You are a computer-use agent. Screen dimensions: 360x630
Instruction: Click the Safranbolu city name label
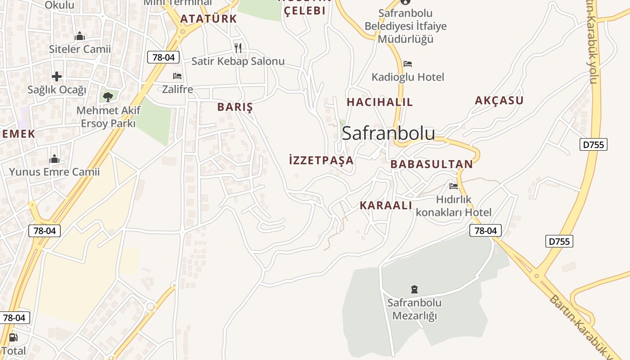388,134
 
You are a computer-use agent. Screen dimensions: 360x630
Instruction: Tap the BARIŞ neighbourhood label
235,107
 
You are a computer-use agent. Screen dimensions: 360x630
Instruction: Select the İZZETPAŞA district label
321,160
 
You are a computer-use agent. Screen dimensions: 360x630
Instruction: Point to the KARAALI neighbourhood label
386,206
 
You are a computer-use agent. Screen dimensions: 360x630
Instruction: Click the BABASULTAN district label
432,164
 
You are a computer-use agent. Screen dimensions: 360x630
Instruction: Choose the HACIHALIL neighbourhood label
379,102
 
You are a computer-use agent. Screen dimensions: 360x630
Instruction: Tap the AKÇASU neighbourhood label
499,101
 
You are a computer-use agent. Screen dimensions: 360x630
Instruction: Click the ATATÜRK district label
208,19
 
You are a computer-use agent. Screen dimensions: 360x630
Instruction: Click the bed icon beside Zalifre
177,76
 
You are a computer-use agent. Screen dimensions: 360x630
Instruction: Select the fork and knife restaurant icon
238,48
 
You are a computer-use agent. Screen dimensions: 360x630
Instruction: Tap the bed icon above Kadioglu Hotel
408,63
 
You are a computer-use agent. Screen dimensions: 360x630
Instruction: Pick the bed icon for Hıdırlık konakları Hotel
454,186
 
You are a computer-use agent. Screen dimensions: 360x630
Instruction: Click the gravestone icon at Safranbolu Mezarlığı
414,289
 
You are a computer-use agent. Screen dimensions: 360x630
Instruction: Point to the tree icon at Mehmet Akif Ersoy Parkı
108,96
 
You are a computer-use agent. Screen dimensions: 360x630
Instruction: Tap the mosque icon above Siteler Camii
80,36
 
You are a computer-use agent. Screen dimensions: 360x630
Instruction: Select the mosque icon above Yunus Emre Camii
54,159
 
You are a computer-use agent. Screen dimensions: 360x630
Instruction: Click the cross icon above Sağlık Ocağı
57,76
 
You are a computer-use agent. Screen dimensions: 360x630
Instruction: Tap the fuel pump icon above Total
13,337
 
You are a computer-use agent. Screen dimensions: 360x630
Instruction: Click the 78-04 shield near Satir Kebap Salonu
163,57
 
